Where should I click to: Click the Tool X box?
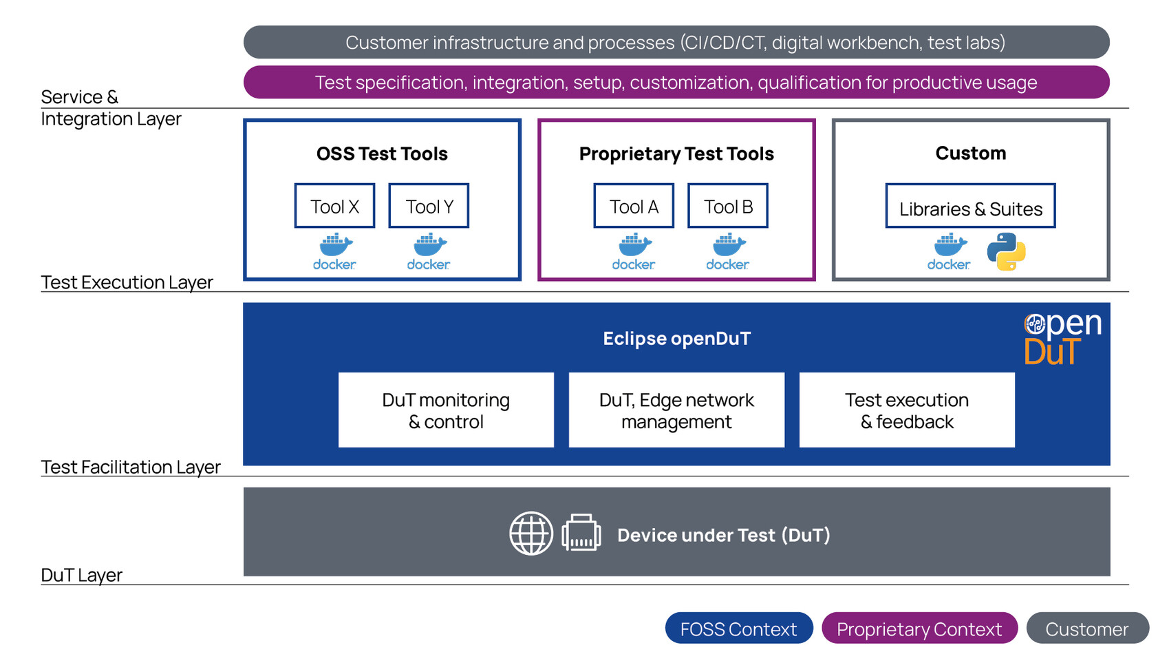[x=334, y=205]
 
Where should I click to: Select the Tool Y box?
[x=429, y=205]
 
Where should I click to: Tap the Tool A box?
[x=634, y=205]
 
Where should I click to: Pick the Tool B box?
[x=728, y=205]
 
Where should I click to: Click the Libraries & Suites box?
[x=970, y=205]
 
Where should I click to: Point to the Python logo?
[x=1006, y=251]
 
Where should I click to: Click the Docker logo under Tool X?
[x=334, y=251]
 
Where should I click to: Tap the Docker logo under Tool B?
[x=728, y=251]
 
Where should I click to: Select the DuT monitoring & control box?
[x=446, y=410]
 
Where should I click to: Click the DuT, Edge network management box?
[x=677, y=410]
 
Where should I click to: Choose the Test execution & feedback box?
[x=908, y=410]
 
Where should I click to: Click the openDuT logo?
[x=1062, y=339]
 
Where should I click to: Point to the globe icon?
[x=531, y=534]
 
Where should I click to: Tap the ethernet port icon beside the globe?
[x=581, y=533]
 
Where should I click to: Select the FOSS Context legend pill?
[x=739, y=628]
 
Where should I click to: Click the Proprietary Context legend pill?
[x=919, y=628]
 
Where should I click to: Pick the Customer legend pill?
[x=1087, y=628]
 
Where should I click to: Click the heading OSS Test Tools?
[x=382, y=154]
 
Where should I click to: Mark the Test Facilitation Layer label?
[x=131, y=467]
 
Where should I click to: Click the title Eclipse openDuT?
[x=677, y=339]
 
